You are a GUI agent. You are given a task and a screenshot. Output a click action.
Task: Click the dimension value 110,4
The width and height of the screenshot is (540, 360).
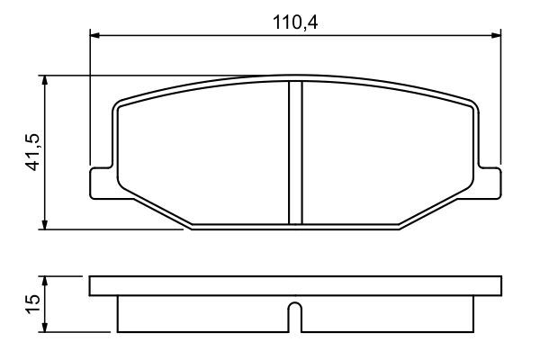click(x=297, y=22)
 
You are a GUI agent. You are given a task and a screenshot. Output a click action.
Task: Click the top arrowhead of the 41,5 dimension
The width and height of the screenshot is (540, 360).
click(x=44, y=81)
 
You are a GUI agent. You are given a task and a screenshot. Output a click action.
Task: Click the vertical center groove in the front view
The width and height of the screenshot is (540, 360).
click(x=294, y=153)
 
